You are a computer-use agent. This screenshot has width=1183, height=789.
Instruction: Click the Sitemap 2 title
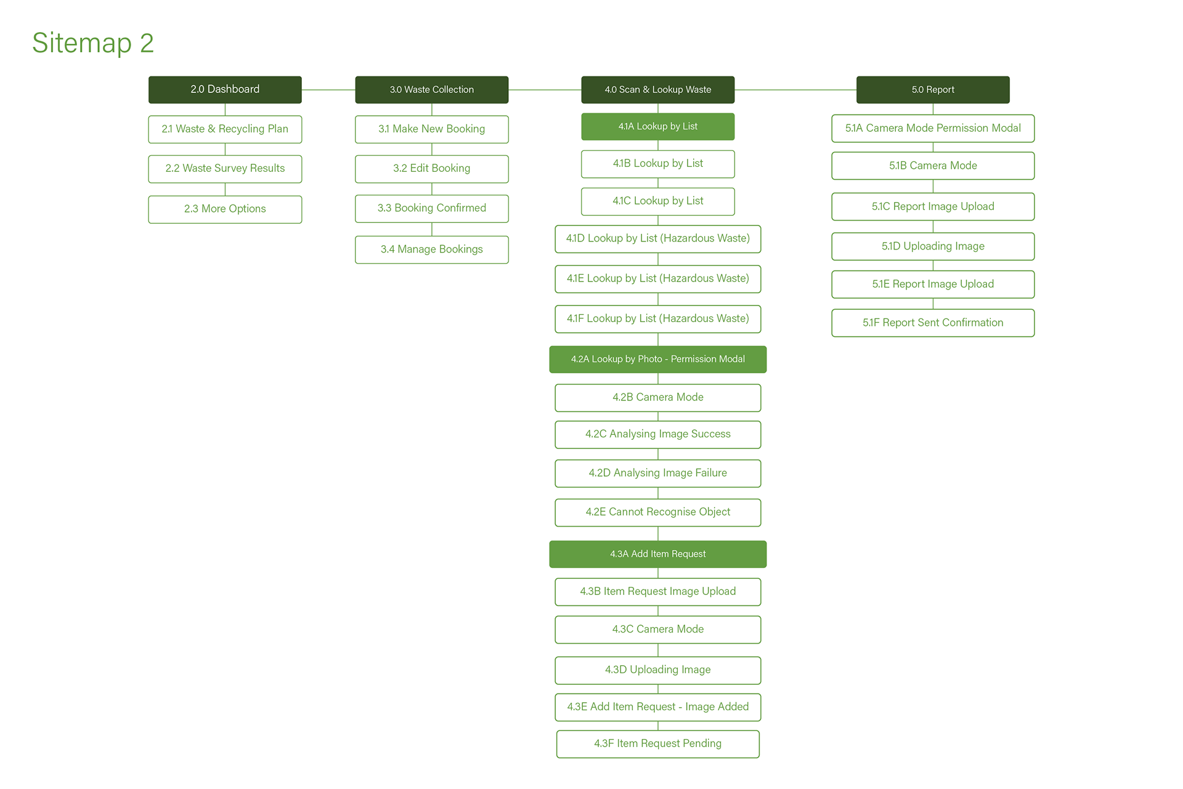point(93,43)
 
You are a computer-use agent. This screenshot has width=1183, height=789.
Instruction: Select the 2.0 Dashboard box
point(225,90)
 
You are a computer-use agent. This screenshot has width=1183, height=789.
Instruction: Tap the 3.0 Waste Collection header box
point(432,90)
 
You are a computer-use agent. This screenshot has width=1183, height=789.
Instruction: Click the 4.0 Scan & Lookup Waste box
point(658,90)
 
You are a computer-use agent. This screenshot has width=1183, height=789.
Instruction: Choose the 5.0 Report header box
point(933,90)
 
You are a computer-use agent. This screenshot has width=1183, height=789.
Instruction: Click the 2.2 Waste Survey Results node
point(225,169)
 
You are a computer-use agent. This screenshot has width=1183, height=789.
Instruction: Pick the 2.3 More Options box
point(225,209)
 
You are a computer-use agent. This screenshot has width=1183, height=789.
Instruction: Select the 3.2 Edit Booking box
point(432,169)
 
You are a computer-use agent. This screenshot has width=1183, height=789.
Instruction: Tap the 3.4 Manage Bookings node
point(432,249)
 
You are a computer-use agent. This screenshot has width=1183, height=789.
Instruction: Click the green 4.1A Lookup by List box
point(658,127)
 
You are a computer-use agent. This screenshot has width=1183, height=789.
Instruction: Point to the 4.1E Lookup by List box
point(658,279)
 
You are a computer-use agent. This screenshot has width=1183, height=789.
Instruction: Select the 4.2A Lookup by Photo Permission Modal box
point(658,360)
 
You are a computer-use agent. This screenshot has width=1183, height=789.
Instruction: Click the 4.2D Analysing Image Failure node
point(658,474)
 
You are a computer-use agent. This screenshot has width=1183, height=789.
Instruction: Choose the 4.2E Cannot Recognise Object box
point(658,512)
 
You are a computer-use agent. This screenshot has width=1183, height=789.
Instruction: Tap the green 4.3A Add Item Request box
point(658,554)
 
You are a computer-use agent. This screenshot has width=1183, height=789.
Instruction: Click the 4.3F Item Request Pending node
point(658,744)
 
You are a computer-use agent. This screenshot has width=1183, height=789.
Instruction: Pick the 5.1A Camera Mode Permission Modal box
point(933,129)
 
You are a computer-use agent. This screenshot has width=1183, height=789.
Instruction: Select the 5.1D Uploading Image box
point(933,246)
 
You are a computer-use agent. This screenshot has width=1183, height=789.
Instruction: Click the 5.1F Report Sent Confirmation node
point(933,323)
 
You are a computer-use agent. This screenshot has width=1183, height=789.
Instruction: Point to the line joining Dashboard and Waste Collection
point(328,90)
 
